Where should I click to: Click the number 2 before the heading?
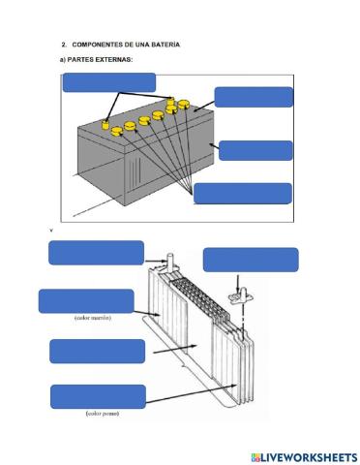[64, 45]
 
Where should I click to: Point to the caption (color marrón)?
[93, 318]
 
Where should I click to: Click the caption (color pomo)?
[103, 414]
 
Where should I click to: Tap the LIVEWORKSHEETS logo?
[304, 457]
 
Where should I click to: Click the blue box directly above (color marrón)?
[86, 301]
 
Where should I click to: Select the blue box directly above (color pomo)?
[98, 396]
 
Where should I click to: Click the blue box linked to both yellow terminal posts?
[109, 82]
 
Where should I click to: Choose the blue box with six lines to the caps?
[243, 194]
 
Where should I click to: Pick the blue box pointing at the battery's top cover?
[254, 97]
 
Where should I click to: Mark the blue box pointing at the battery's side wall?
[255, 150]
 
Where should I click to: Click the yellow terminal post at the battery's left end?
[105, 125]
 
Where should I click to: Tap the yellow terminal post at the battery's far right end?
[170, 101]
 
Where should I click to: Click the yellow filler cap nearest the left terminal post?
[116, 131]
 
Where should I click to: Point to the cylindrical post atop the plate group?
[171, 261]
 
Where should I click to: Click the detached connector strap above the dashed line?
[239, 295]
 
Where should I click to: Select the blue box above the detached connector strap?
[251, 260]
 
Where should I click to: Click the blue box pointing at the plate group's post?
[96, 253]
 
